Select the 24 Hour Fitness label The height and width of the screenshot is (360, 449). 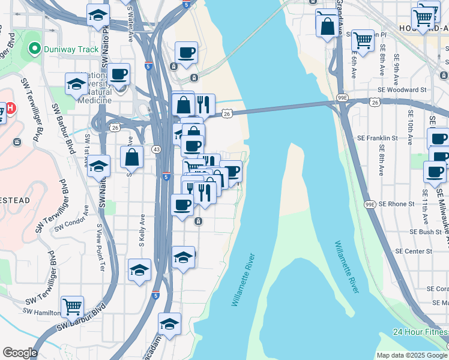(x=420, y=332)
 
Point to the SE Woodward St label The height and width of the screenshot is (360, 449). (x=406, y=89)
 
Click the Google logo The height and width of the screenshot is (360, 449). (x=20, y=353)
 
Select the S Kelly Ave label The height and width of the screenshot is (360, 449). (x=142, y=232)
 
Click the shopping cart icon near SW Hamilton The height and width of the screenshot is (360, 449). (x=72, y=307)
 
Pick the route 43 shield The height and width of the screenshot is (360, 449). (x=155, y=149)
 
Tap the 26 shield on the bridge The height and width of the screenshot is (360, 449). (x=227, y=113)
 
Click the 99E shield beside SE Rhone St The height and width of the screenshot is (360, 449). (x=372, y=204)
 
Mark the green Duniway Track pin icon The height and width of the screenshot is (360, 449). (x=34, y=49)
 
